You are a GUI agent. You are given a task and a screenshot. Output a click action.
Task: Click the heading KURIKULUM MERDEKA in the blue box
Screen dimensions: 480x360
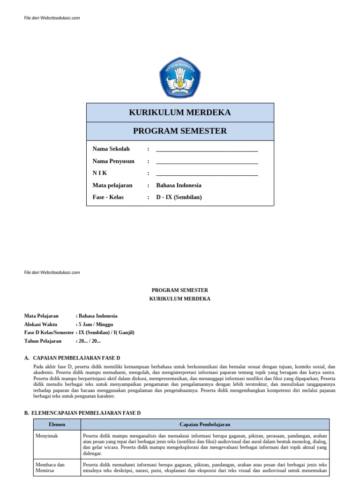click(x=180, y=112)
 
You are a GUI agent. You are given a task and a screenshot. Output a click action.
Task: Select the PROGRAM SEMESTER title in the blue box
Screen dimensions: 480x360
click(x=180, y=131)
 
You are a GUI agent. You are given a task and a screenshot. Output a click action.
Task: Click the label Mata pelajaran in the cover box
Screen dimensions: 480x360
click(x=112, y=185)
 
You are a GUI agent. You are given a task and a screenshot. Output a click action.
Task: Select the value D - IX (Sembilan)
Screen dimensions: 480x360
click(x=179, y=197)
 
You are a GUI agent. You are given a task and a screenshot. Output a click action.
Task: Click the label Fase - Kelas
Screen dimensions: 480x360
click(x=108, y=197)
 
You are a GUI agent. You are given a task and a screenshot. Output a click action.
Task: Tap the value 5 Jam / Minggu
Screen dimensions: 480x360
click(x=96, y=324)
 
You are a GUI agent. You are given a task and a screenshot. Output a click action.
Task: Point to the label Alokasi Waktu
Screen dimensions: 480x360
click(x=41, y=324)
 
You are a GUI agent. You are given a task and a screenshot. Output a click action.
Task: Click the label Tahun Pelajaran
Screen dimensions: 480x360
click(x=43, y=341)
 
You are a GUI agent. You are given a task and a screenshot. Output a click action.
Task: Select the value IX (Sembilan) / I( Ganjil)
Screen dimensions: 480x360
click(x=106, y=332)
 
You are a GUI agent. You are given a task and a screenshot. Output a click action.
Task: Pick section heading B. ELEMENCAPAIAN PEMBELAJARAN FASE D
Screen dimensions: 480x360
click(x=82, y=413)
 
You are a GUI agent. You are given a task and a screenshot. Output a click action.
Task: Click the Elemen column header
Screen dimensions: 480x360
click(x=57, y=425)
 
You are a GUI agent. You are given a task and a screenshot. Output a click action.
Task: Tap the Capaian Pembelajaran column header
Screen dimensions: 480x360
click(x=205, y=425)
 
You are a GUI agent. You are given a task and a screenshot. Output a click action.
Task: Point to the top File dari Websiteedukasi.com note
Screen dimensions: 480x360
click(x=52, y=18)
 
